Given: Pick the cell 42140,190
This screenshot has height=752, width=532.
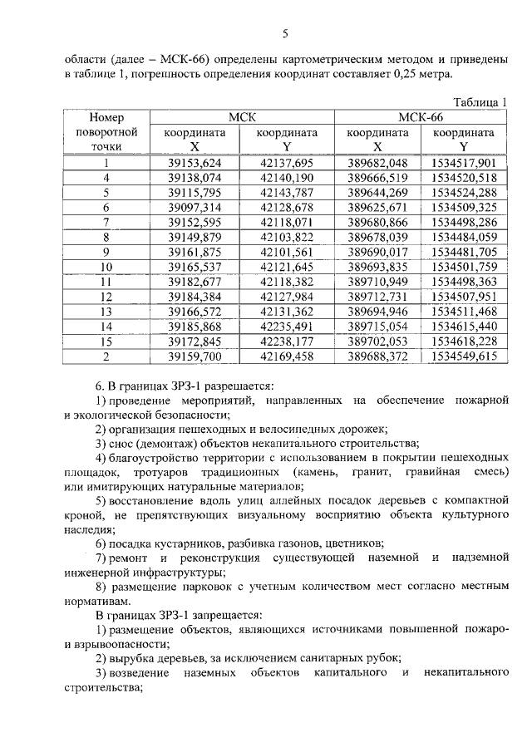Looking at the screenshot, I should pyautogui.click(x=287, y=177).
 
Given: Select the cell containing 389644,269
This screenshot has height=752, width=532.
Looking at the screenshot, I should pyautogui.click(x=377, y=192).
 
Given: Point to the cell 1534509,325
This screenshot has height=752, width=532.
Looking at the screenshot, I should pyautogui.click(x=465, y=207).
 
